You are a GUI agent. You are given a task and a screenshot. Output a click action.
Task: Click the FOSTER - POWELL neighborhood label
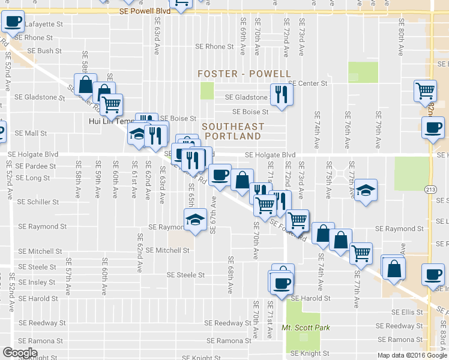click(245, 74)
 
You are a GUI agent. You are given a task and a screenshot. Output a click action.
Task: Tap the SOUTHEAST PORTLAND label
click(233, 131)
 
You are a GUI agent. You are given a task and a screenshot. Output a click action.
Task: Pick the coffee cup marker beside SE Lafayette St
click(13, 23)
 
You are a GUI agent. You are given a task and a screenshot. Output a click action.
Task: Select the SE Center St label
click(308, 83)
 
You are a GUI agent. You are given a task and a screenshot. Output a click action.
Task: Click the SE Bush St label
click(41, 52)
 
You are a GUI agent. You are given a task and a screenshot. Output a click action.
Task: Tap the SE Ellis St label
click(408, 312)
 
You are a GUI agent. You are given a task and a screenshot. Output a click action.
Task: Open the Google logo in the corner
click(20, 353)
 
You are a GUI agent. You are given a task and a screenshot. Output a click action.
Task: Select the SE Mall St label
click(31, 133)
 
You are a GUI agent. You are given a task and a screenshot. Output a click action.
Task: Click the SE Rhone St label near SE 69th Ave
click(214, 47)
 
